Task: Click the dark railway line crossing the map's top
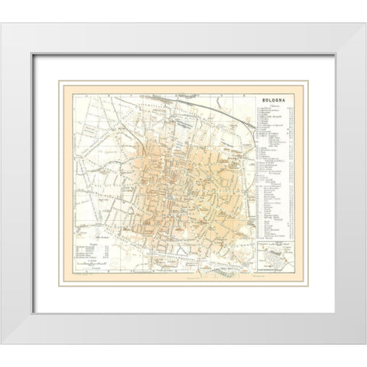coord(191,99)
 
